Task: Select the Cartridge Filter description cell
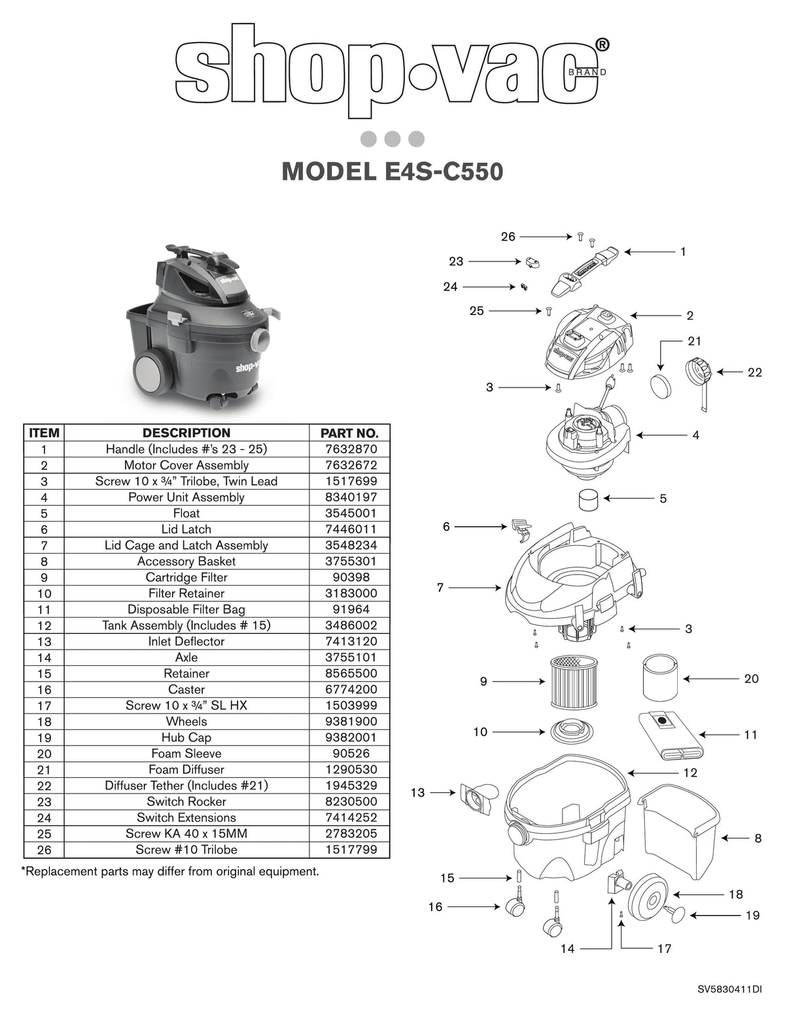[x=186, y=577]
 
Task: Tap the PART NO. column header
[x=349, y=433]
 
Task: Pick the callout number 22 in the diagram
[x=754, y=372]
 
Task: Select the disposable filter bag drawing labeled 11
[x=670, y=736]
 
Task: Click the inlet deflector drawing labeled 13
[x=478, y=797]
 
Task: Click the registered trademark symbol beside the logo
[x=602, y=44]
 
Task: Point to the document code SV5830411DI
[x=729, y=990]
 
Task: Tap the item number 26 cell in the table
[x=44, y=850]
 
